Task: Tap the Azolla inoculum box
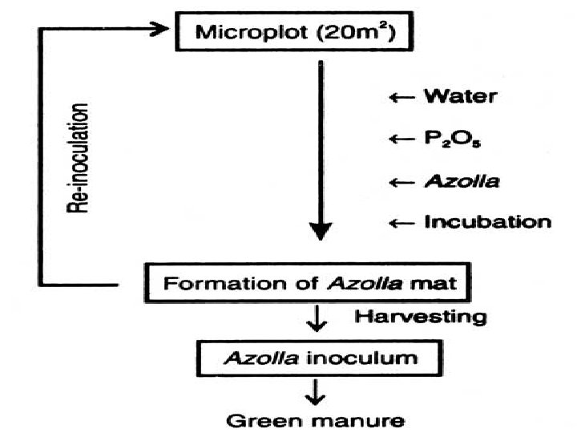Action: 321,357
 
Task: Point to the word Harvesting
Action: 419,317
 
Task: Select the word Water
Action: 460,97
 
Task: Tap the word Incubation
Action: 486,222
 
